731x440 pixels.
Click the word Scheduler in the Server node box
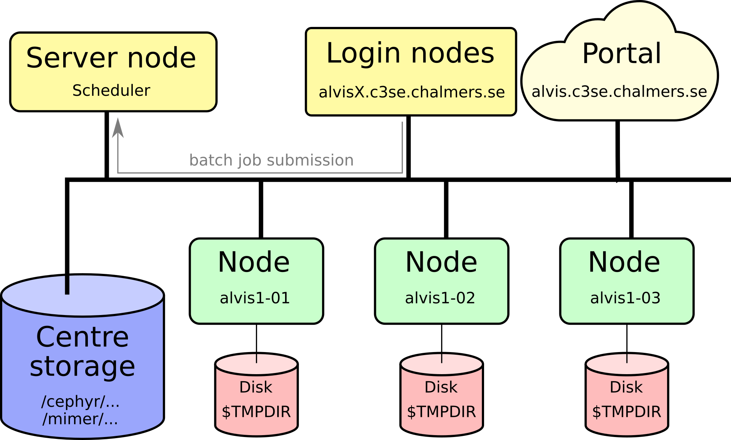point(111,91)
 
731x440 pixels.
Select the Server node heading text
point(111,58)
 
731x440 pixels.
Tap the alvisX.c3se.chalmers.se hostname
point(412,92)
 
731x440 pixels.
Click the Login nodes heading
point(410,53)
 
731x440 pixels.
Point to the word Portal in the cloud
point(622,54)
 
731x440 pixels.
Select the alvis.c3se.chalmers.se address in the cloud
point(619,92)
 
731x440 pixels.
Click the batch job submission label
point(271,160)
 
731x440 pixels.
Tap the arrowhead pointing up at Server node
point(118,128)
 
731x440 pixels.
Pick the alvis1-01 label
point(255,298)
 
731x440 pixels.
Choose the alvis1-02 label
point(440,298)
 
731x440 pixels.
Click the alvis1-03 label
point(625,298)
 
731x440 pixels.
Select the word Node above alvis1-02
point(441,262)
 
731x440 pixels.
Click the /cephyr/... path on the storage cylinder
point(80,401)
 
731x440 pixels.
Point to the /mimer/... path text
point(80,419)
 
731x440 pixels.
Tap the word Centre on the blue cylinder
point(82,337)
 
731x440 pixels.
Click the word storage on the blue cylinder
point(82,367)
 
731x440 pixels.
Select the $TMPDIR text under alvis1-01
point(256,412)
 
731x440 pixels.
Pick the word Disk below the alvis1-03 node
point(626,387)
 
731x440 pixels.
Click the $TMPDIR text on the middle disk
point(441,412)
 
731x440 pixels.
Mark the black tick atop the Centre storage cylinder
point(67,285)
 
